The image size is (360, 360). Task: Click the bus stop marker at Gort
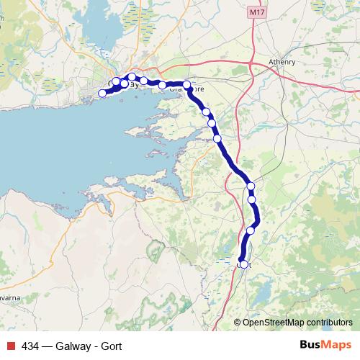(x=243, y=264)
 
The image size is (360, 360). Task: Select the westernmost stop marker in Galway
(x=103, y=93)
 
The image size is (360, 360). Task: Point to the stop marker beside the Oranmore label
(x=187, y=85)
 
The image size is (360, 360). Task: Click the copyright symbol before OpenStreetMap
(x=237, y=322)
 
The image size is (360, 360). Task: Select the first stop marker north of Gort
(x=251, y=230)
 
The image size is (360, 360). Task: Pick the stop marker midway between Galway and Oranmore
(x=163, y=85)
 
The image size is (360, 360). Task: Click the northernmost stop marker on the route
(x=132, y=76)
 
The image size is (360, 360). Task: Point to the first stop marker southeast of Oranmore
(x=206, y=112)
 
